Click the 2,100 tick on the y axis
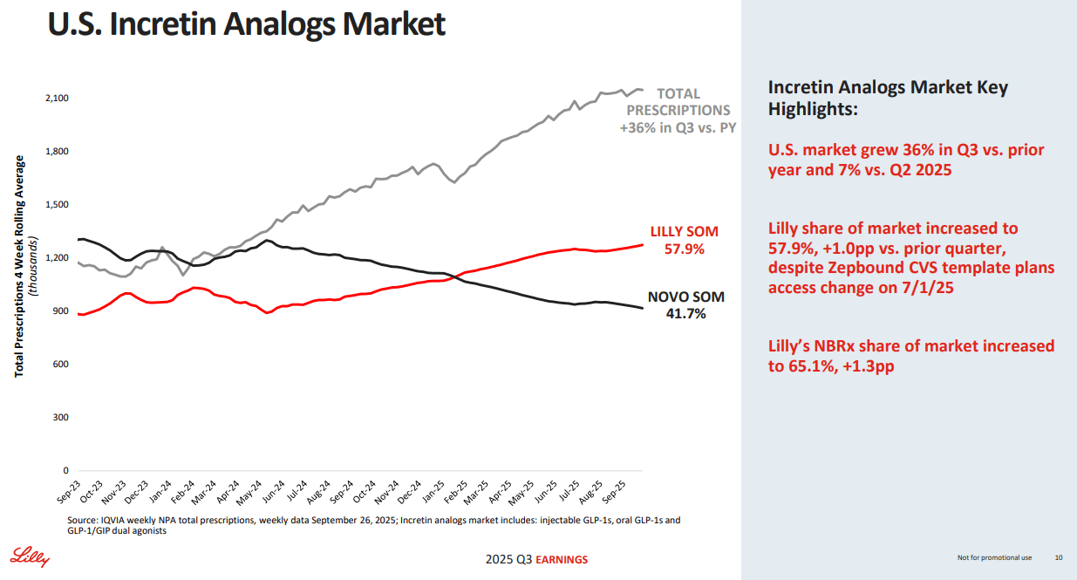pos(58,98)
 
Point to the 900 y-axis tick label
pos(60,311)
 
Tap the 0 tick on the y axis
pos(66,470)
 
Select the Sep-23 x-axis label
pos(69,492)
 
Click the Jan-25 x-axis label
pos(433,492)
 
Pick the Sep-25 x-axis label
pos(614,492)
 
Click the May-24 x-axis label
pos(249,493)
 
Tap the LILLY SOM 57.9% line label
pos(685,240)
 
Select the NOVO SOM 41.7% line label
pos(686,305)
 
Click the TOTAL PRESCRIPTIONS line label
pos(678,102)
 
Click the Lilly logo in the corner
pos(30,556)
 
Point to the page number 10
pos(1059,557)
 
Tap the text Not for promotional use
pos(994,558)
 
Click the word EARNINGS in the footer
pos(562,560)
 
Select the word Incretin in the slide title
pos(162,24)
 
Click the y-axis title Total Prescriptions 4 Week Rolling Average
pos(19,266)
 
